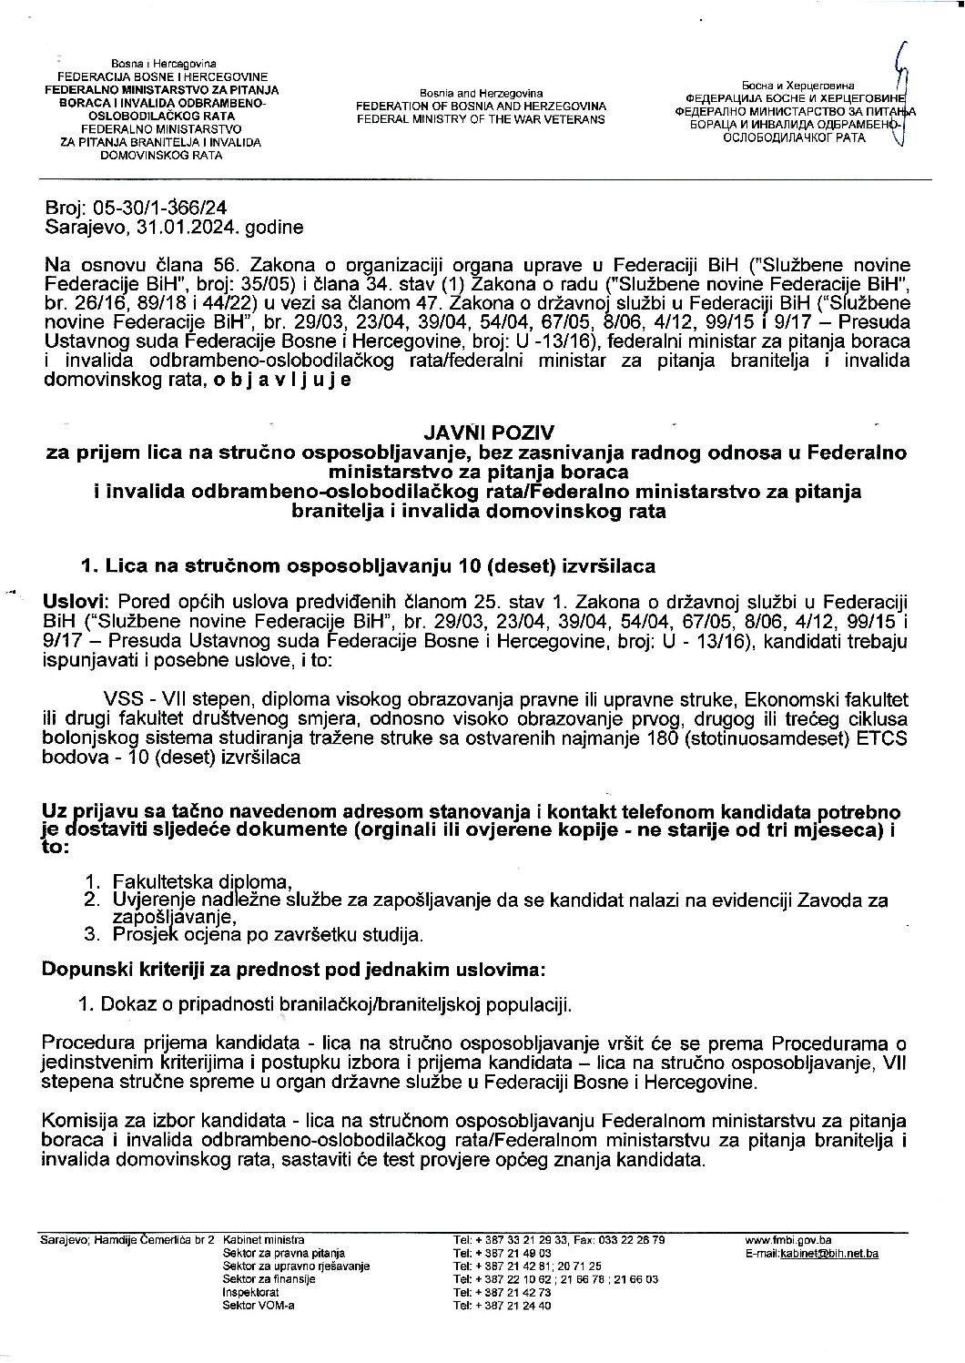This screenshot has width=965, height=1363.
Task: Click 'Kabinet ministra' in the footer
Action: (263, 1240)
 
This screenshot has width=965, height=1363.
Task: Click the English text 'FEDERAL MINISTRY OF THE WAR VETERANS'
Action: (481, 119)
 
